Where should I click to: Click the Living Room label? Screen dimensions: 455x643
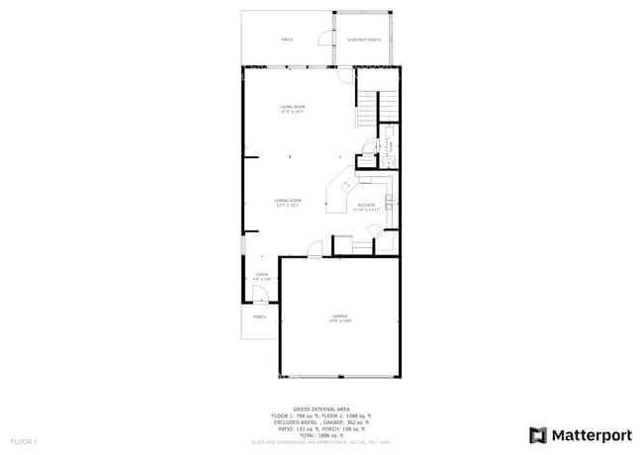291,108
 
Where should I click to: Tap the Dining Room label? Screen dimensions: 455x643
288,202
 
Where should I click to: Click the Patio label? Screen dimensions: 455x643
287,40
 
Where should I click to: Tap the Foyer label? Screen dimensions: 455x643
261,277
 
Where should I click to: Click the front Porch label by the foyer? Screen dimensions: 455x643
259,317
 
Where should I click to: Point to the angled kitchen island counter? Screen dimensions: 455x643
340,190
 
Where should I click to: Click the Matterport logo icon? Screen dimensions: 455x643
538,434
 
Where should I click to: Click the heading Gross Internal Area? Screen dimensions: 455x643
321,408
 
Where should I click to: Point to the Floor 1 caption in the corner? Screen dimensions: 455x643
24,440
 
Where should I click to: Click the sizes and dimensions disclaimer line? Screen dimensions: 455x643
321,441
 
